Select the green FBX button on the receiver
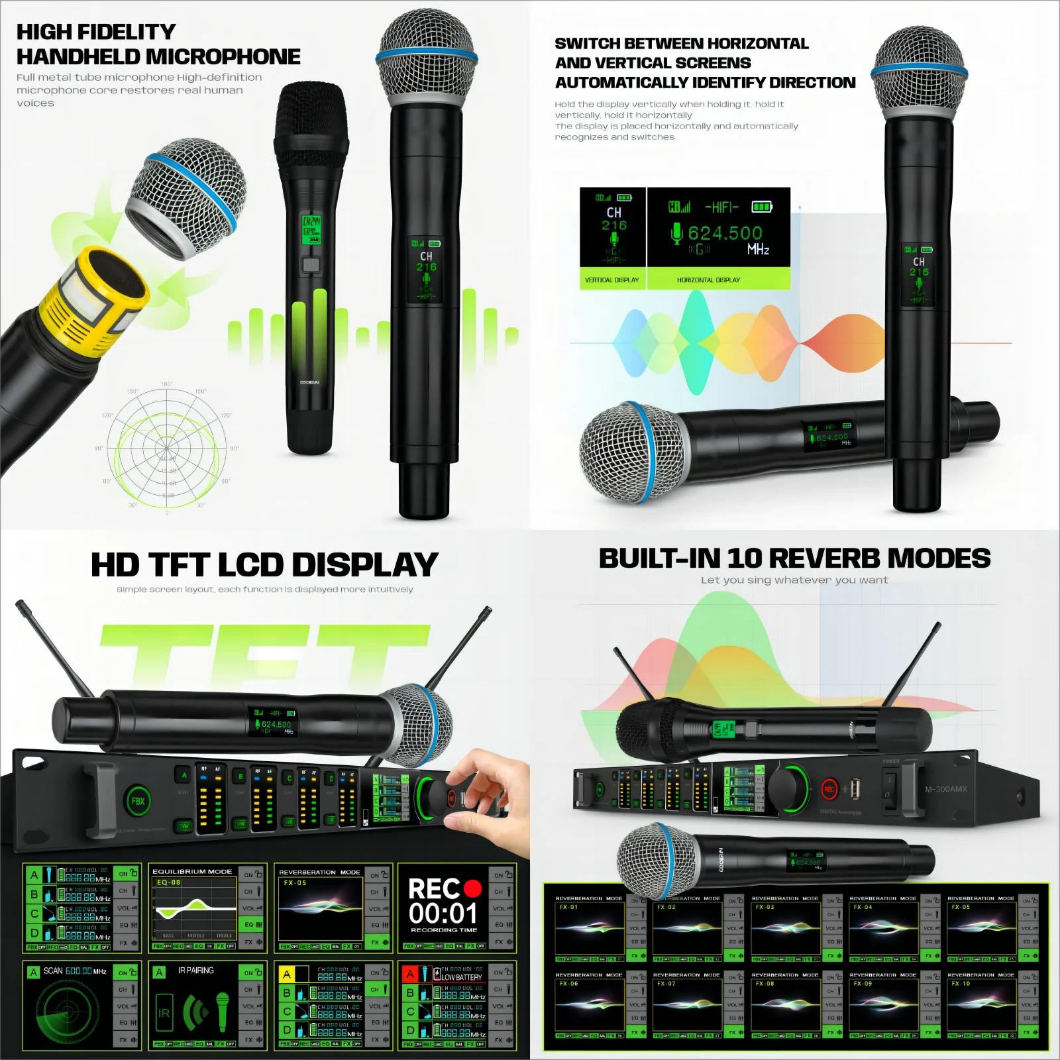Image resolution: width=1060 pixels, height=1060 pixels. [138, 801]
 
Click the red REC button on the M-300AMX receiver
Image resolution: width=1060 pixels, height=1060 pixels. [829, 789]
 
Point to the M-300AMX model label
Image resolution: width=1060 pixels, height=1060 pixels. [946, 789]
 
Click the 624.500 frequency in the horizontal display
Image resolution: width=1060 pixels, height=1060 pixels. [725, 233]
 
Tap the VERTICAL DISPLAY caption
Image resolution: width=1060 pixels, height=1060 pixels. [611, 280]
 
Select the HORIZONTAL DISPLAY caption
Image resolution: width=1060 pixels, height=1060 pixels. [708, 280]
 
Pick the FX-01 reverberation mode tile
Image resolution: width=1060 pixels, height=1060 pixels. [590, 927]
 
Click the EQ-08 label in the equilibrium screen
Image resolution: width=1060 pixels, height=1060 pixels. [168, 882]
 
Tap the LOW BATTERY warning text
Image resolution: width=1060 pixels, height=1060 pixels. [462, 977]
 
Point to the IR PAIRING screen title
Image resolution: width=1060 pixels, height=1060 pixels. [196, 971]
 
